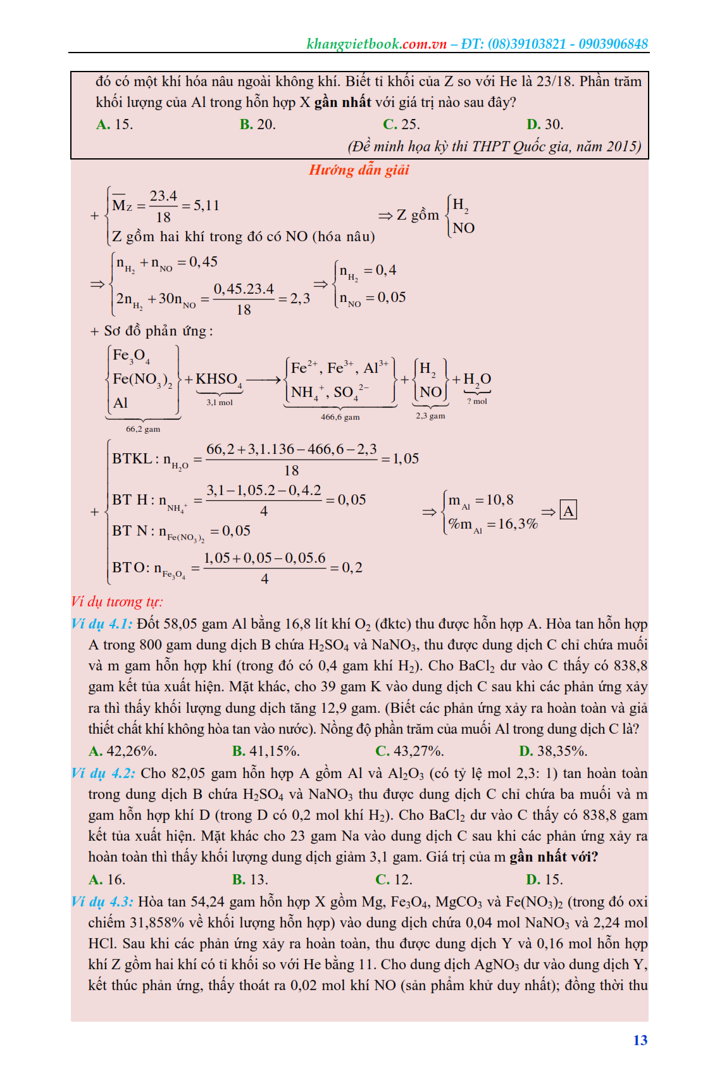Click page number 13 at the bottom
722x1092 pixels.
click(640, 1040)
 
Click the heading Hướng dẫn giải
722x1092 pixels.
click(359, 170)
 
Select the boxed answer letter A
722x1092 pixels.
click(568, 511)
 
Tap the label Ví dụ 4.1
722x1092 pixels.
click(102, 624)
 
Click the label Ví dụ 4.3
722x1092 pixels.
click(102, 901)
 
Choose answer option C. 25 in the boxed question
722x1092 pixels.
click(401, 124)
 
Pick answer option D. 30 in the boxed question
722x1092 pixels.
click(544, 124)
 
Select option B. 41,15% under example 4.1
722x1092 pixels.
click(266, 751)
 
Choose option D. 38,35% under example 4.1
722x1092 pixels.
click(553, 751)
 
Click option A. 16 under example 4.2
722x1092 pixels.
click(107, 879)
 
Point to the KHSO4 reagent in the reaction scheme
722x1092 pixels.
click(218, 379)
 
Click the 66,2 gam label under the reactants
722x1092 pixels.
click(143, 429)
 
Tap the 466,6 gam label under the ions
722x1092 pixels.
click(340, 417)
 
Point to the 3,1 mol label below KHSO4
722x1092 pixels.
click(220, 403)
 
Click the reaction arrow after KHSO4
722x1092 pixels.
click(263, 380)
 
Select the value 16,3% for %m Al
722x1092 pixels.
click(518, 524)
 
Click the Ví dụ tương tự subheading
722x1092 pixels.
click(116, 601)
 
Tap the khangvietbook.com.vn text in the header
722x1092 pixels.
click(377, 44)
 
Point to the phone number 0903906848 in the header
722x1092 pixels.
click(613, 44)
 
